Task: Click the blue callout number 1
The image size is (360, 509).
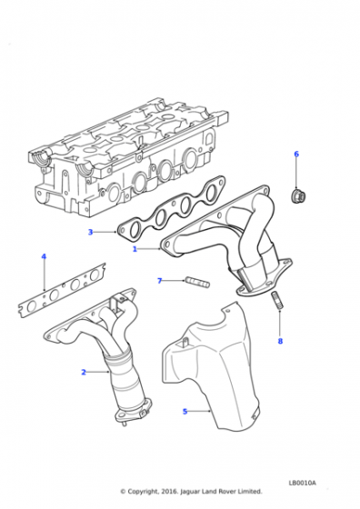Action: point(135,249)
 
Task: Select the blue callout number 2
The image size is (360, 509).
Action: point(84,372)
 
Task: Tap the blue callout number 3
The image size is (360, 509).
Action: point(91,232)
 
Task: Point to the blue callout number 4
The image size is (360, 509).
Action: point(44,256)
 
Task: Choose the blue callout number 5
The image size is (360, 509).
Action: point(185,412)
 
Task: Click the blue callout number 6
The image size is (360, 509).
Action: point(296,155)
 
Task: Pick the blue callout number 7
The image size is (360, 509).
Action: point(159,281)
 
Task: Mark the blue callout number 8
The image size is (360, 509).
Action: point(280,341)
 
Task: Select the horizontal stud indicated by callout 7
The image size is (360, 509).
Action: point(197,282)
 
